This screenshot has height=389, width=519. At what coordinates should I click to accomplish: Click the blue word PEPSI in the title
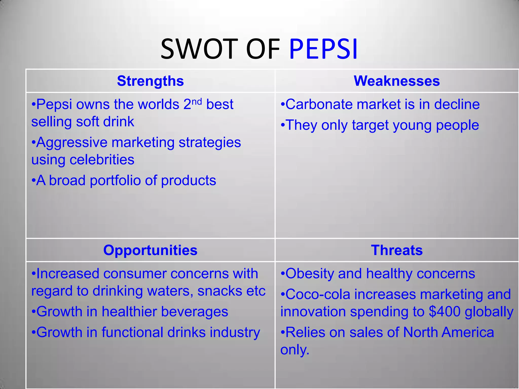(x=323, y=49)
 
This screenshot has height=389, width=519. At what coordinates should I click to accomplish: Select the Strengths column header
(x=150, y=81)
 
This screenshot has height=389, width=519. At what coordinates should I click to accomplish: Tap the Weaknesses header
(x=397, y=81)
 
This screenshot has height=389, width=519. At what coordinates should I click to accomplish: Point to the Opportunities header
(x=150, y=250)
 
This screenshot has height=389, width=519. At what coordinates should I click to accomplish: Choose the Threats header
(x=397, y=250)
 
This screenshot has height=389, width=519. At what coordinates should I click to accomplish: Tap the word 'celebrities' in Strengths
(x=102, y=160)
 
